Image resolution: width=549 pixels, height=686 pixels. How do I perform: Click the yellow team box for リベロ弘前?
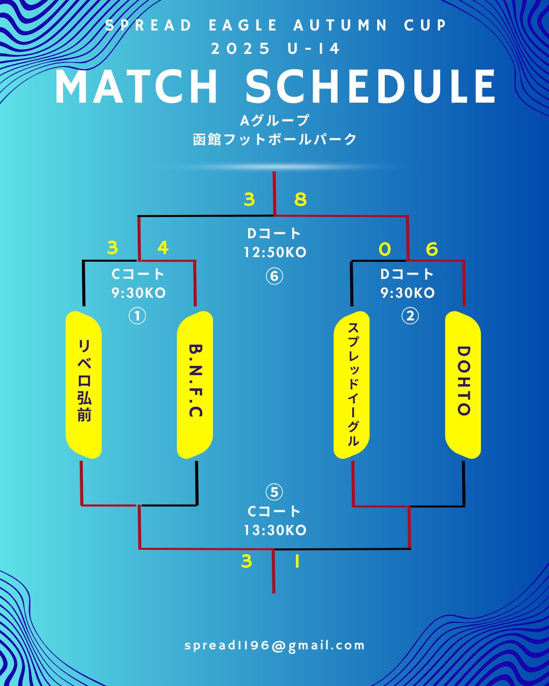[x=84, y=385]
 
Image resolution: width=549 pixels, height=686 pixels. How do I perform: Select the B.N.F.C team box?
[x=195, y=385]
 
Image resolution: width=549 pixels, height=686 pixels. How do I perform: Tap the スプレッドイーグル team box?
[x=352, y=385]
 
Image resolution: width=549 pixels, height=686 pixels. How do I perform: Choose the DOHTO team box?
[x=463, y=385]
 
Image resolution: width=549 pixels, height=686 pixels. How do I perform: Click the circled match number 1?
[x=137, y=316]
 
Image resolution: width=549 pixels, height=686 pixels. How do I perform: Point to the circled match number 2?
[x=410, y=316]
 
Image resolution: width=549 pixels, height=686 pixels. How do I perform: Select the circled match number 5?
[x=274, y=492]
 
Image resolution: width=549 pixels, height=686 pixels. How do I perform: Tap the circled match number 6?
[x=274, y=276]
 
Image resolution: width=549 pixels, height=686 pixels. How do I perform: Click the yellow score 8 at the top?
[x=300, y=199]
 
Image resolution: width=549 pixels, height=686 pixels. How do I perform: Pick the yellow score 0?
[x=385, y=249]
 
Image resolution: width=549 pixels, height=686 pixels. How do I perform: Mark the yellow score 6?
[x=432, y=249]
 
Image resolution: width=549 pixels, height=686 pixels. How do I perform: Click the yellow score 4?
[x=163, y=247]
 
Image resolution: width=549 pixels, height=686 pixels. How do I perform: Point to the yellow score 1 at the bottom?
[x=297, y=562]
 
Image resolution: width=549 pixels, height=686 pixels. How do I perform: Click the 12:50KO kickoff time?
[x=275, y=253]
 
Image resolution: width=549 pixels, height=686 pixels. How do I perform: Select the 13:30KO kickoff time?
[x=275, y=531]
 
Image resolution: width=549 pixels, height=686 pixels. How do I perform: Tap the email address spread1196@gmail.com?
[x=274, y=646]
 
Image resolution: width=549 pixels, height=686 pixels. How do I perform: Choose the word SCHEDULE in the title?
[x=371, y=87]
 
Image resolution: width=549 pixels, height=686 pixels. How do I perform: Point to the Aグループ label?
[x=274, y=120]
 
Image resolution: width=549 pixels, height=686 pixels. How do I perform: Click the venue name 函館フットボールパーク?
[x=274, y=139]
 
